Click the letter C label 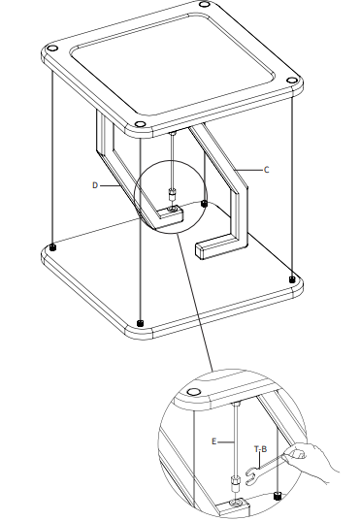coord(267,169)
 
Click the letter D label coord(95,183)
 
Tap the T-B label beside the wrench coord(260,449)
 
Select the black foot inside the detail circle coord(278,497)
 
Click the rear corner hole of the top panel coord(204,7)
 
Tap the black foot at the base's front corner coord(142,322)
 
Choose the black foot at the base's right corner coord(291,279)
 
